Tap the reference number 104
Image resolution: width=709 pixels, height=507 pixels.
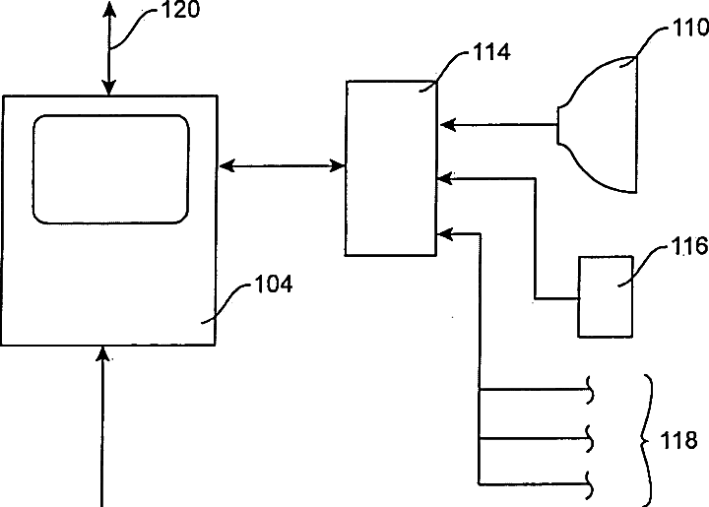pyautogui.click(x=273, y=286)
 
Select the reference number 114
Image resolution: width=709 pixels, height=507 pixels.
pyautogui.click(x=490, y=52)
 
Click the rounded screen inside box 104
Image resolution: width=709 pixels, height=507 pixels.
pyautogui.click(x=110, y=167)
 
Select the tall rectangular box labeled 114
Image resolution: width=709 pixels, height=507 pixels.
pyautogui.click(x=390, y=169)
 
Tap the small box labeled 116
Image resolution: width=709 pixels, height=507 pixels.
pyautogui.click(x=606, y=297)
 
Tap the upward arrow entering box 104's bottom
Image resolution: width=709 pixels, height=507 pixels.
pyautogui.click(x=103, y=423)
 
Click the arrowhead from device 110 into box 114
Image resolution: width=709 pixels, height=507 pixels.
pyautogui.click(x=444, y=125)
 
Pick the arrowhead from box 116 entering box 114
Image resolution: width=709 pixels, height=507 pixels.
pyautogui.click(x=444, y=178)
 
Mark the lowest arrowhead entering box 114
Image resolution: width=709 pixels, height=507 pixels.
pyautogui.click(x=444, y=233)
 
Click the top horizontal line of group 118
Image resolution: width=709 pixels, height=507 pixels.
pyautogui.click(x=534, y=390)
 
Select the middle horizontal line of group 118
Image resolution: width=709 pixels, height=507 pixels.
pyautogui.click(x=534, y=435)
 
